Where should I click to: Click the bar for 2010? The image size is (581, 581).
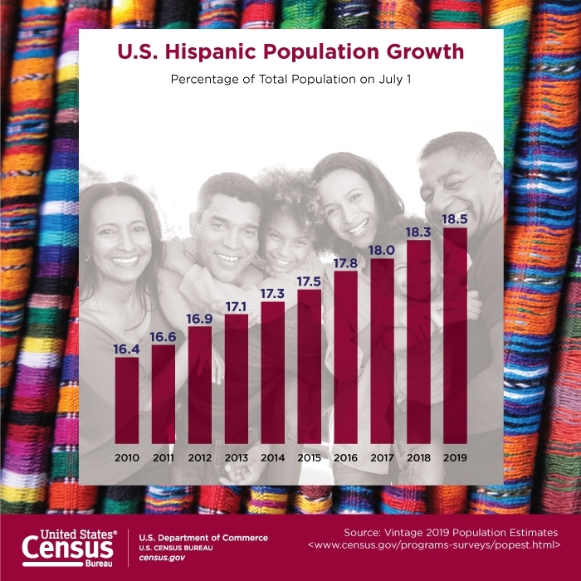127,400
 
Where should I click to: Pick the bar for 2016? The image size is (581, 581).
345,357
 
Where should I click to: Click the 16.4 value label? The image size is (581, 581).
127,349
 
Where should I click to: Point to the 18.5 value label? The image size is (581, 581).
455,218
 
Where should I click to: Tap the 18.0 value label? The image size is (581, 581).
382,249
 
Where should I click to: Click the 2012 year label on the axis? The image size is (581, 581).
200,457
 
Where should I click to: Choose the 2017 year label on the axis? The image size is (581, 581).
382,457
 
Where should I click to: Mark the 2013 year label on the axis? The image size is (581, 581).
237,457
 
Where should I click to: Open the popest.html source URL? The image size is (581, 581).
433,545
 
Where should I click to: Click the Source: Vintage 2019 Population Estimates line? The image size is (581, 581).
451,531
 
